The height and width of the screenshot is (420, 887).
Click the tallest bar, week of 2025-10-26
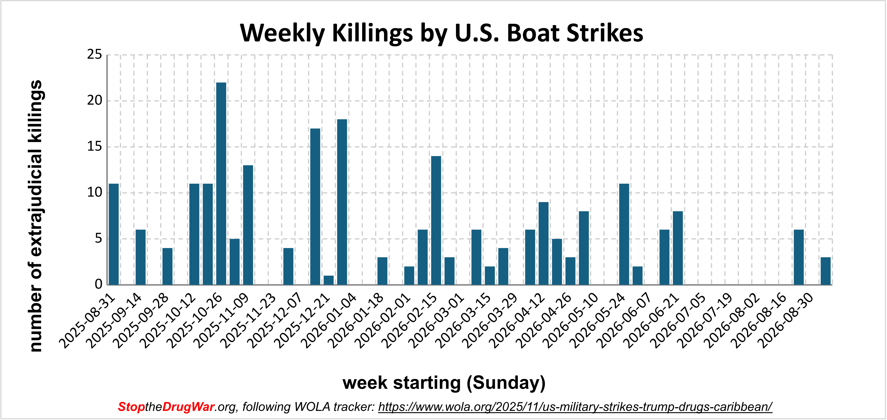click(x=221, y=183)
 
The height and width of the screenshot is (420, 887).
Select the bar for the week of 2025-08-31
click(x=114, y=234)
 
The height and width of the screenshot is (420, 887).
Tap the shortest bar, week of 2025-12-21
click(x=329, y=280)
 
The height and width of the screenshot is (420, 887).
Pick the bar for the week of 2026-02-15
click(x=436, y=220)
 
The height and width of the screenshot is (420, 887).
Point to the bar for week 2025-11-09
click(x=248, y=225)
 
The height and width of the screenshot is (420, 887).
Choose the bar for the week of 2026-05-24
click(x=624, y=234)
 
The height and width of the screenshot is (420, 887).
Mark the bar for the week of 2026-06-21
click(x=678, y=248)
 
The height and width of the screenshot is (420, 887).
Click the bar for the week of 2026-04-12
click(x=543, y=243)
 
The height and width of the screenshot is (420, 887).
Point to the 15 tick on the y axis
click(x=95, y=147)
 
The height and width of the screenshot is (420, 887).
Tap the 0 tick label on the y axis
click(x=99, y=284)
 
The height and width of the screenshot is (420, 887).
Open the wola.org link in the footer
click(x=575, y=407)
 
